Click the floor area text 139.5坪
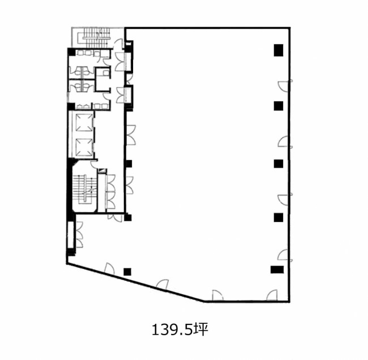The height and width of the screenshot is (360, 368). click(x=180, y=329)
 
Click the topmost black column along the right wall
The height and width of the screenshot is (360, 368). click(x=279, y=50)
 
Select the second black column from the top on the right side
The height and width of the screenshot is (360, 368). click(x=279, y=106)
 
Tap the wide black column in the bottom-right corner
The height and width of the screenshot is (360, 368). click(x=277, y=269)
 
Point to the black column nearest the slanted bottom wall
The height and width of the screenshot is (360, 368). click(x=127, y=272)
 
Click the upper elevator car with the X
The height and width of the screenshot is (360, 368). click(x=84, y=122)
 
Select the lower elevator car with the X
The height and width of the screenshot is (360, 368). click(x=84, y=147)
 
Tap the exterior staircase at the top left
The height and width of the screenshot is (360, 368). click(x=97, y=38)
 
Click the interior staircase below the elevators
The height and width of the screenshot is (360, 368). click(x=84, y=188)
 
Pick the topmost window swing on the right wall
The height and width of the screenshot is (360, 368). click(x=285, y=85)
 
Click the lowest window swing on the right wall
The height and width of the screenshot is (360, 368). click(x=285, y=255)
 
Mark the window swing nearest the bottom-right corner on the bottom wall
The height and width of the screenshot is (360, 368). click(x=272, y=295)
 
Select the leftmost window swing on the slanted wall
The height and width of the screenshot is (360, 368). click(x=109, y=268)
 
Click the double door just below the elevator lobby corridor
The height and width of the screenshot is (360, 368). click(x=114, y=217)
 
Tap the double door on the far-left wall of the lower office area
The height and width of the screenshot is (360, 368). click(x=79, y=234)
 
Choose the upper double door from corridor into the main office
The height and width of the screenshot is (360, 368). click(x=131, y=135)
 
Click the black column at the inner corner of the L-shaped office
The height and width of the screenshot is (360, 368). click(x=128, y=217)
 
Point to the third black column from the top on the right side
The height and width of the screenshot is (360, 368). click(x=279, y=164)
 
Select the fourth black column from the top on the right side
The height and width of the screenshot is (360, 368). click(x=279, y=217)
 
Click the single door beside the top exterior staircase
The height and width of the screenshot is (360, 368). click(x=118, y=44)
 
